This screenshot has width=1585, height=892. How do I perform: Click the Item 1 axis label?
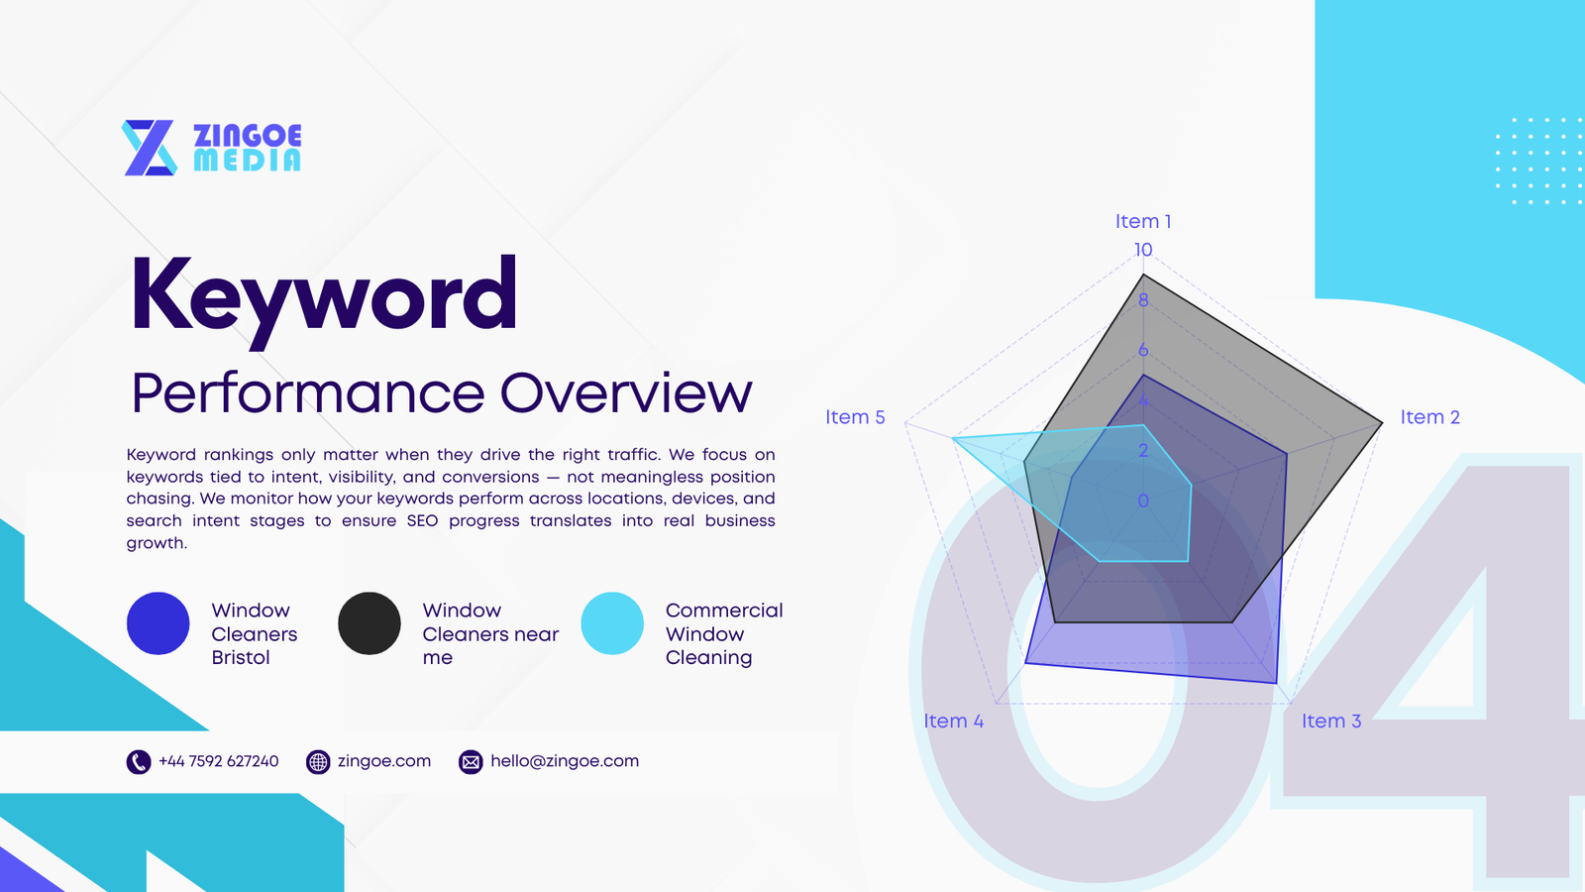coord(1143,221)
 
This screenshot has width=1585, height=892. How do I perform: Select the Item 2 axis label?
coord(1429,417)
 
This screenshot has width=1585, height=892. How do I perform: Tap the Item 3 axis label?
coord(1330,721)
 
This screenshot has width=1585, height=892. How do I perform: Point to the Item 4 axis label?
coord(953,721)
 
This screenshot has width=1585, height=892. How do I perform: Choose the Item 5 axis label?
coord(855,417)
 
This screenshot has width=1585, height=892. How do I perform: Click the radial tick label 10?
coord(1143,250)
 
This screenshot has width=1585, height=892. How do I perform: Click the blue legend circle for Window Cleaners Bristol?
coord(158,623)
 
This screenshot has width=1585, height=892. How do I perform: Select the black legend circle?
coord(370,623)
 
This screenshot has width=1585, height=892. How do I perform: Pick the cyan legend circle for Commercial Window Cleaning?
coord(612,623)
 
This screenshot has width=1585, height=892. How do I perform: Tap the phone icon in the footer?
coord(139,761)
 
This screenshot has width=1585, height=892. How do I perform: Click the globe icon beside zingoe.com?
coord(318,761)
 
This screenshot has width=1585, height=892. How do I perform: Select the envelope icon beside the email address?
coord(471,761)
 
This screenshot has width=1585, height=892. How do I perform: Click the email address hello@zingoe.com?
coord(565,761)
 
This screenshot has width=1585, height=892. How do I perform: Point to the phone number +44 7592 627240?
coord(219,761)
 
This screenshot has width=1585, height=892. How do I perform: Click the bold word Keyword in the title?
coord(324,295)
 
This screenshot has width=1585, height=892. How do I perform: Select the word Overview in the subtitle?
coord(626,393)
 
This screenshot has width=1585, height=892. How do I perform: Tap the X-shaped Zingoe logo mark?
coord(150,148)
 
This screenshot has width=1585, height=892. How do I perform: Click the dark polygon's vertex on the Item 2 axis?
coord(1382,423)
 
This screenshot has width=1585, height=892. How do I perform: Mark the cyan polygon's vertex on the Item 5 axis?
coord(953,437)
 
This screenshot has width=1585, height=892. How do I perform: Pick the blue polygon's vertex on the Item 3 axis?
coord(1276,683)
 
